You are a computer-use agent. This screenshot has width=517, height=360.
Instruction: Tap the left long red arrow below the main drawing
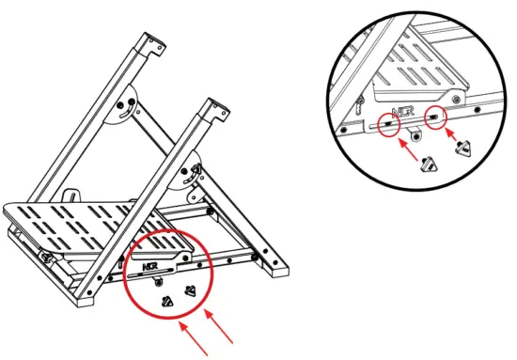pos(192,339)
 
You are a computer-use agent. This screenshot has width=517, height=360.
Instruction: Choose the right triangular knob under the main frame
pos(192,290)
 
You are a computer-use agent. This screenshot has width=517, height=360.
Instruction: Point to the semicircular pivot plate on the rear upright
pos(125,106)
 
